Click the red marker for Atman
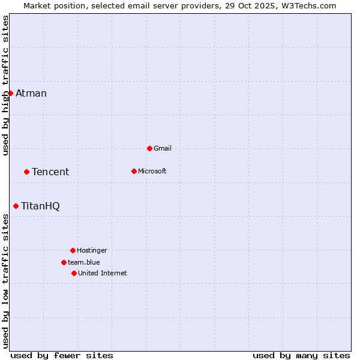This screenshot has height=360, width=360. coord(10,93)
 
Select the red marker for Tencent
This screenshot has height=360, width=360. coord(26,172)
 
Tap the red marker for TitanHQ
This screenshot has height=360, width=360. coord(16,206)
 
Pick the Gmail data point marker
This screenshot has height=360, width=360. coord(149,148)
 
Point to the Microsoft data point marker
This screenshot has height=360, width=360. coord(134,171)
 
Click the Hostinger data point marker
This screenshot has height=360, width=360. coord(73,250)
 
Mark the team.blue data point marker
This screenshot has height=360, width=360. coord(64,262)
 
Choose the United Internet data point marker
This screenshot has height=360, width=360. coord(74,273)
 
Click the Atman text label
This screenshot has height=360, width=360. coord(31,93)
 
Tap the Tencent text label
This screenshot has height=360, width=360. coord(50,172)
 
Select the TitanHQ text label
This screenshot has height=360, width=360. coord(40,206)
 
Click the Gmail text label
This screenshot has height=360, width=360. coord(163,148)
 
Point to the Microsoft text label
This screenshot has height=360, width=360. coord(152,171)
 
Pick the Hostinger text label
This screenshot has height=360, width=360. coord(92,250)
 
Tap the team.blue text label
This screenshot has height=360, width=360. coord(84,262)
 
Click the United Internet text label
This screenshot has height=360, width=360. coord(103,273)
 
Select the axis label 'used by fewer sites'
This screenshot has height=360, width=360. coord(62,355)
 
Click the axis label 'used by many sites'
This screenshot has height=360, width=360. coord(301,355)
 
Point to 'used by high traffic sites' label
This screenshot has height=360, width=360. coord(6,85)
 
